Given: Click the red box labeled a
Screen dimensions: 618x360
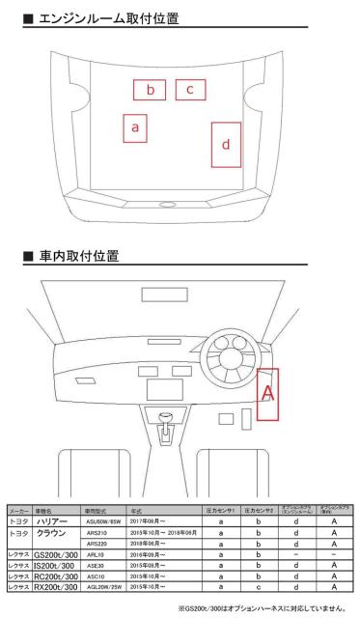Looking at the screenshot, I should tap(136, 127).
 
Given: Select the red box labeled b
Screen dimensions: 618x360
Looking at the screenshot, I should tap(150, 90).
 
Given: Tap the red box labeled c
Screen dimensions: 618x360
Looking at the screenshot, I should tap(190, 90).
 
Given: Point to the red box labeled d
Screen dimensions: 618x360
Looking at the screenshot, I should tap(225, 145).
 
